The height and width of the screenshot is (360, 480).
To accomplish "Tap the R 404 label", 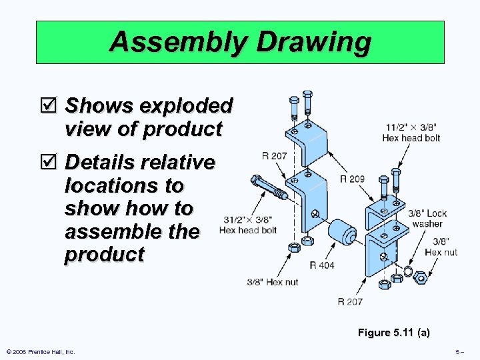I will [322, 265].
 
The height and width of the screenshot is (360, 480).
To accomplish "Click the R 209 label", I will [352, 179].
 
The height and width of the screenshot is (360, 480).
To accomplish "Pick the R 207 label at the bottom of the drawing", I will [350, 301].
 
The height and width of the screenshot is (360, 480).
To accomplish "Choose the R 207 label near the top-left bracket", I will [274, 156].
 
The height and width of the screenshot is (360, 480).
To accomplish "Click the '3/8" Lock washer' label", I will [427, 219].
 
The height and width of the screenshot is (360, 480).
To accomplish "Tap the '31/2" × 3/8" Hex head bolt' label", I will [247, 225].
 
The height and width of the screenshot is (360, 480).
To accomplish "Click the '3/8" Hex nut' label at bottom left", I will [272, 282].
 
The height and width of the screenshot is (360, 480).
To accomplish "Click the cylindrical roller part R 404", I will [343, 233].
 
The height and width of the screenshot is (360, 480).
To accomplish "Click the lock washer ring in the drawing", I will [409, 274].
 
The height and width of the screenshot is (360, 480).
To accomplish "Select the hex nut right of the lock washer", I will [421, 277].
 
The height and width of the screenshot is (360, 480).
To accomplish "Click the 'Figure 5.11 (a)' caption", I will [393, 332].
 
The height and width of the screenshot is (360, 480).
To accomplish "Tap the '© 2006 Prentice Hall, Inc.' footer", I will [40, 352].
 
